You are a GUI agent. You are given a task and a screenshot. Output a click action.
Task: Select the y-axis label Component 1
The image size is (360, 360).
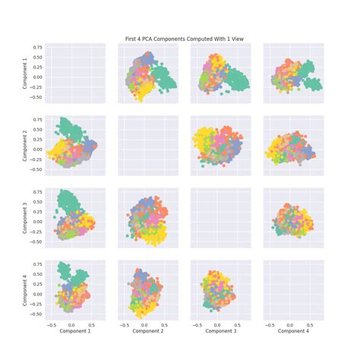[x=25, y=72]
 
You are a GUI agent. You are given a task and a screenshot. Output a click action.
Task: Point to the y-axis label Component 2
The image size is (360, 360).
[x=25, y=145]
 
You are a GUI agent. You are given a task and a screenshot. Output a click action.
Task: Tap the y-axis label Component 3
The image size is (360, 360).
[x=25, y=217]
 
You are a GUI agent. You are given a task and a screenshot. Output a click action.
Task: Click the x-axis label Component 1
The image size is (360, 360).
[x=74, y=332]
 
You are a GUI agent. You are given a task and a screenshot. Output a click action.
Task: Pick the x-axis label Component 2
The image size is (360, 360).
[x=147, y=332]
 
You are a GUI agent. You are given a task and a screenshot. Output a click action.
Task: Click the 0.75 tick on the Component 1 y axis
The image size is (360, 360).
[x=36, y=47]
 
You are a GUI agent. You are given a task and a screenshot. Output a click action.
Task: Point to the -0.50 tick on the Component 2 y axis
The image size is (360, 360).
[x=35, y=170]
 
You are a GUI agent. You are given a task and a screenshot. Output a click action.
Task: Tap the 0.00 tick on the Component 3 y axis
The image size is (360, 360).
[x=36, y=223]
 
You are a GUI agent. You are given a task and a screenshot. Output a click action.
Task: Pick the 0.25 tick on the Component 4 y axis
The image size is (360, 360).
[x=36, y=285]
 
